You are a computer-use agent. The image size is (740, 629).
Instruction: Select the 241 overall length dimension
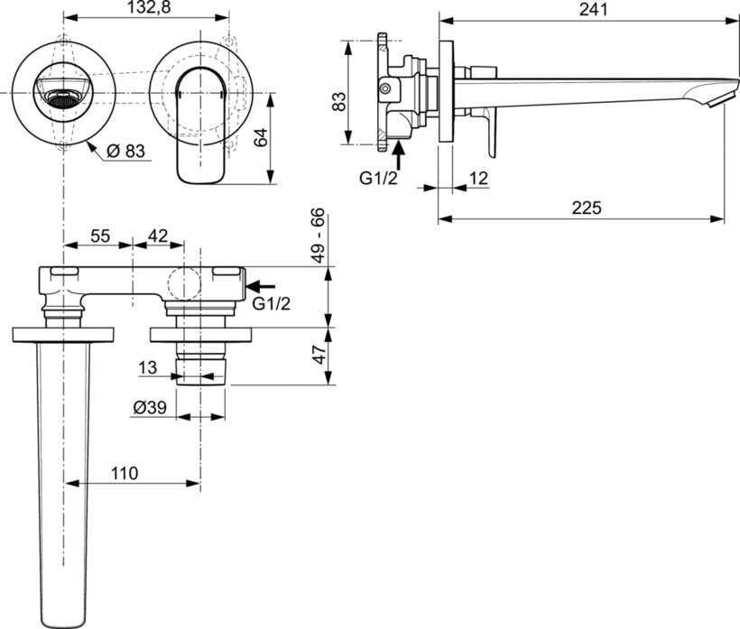coord(582,9)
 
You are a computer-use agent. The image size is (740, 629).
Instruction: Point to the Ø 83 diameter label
coord(125,152)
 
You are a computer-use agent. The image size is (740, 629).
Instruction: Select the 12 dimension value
coord(478,179)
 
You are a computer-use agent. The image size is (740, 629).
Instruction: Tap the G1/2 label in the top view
coord(272,303)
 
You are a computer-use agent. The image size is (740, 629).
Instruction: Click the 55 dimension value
coord(100,236)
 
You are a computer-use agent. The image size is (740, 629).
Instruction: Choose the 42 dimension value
coord(157,236)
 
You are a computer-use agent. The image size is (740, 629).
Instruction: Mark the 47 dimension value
coord(318,355)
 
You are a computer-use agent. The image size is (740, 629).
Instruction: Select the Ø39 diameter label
coord(151,407)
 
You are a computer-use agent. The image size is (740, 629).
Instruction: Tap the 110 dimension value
coord(125,473)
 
